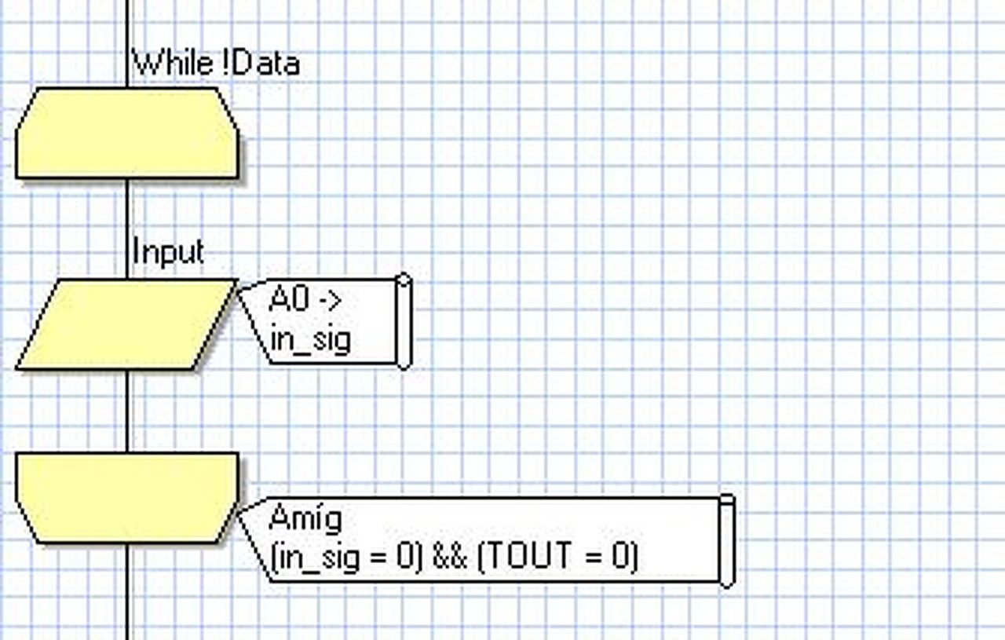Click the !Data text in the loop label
pyautogui.click(x=265, y=63)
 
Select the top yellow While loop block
pyautogui.click(x=126, y=133)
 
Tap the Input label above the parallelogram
pyautogui.click(x=168, y=252)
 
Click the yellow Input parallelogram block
pyautogui.click(x=126, y=324)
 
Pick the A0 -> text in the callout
pyautogui.click(x=305, y=299)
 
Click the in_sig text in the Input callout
pyautogui.click(x=310, y=340)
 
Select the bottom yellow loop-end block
pyautogui.click(x=126, y=497)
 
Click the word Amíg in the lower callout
pyautogui.click(x=305, y=518)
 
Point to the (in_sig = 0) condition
pyautogui.click(x=346, y=557)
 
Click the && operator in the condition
pyautogui.click(x=450, y=557)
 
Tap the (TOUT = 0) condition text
pyautogui.click(x=557, y=557)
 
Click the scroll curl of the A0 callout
pyautogui.click(x=404, y=320)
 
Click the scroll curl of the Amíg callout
pyautogui.click(x=727, y=540)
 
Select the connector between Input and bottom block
pyautogui.click(x=127, y=410)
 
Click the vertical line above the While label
pyautogui.click(x=127, y=24)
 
